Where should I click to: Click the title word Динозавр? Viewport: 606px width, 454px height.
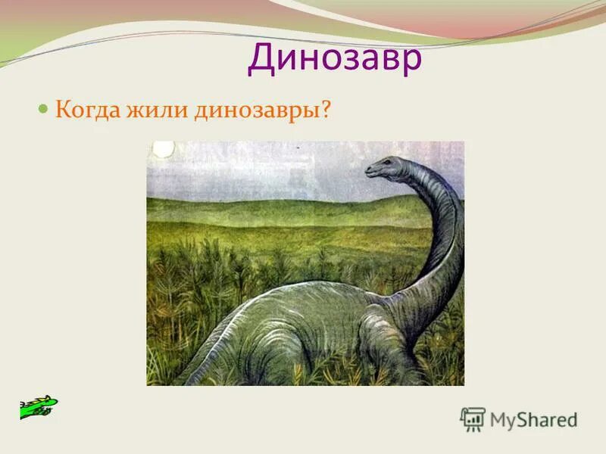334,58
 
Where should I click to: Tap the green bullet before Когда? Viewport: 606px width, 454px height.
43,108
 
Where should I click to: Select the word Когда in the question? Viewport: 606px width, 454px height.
84,110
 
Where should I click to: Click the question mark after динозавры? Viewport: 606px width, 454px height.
326,110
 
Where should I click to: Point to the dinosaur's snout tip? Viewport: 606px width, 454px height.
367,172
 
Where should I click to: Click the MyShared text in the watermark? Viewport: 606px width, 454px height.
534,419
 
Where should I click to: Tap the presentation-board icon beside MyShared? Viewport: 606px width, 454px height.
473,419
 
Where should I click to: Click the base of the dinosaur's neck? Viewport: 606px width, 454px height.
413,303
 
